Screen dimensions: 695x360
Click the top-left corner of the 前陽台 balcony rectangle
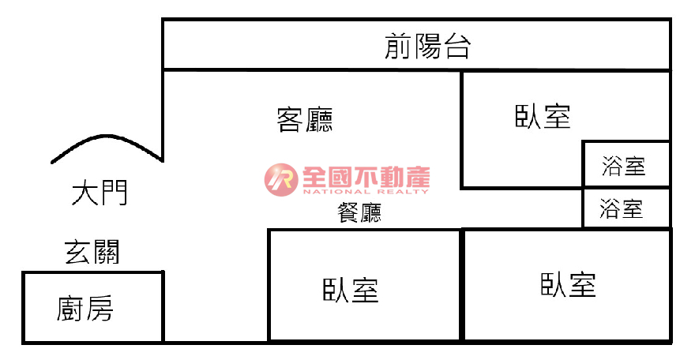163,20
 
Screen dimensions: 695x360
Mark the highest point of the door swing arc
106,136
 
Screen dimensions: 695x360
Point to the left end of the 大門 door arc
52,163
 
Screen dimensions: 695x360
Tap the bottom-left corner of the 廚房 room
24,342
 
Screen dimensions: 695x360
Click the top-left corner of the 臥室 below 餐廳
269,231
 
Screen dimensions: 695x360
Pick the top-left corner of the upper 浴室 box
584,142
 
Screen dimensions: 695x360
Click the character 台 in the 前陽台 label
457,47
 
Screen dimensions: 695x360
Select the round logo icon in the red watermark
281,180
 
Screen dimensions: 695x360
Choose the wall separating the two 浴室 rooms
626,187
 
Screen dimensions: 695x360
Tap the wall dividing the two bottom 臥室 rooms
462,285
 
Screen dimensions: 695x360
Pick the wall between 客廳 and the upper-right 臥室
462,129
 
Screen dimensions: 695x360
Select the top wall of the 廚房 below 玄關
93,272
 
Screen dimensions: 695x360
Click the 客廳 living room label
305,119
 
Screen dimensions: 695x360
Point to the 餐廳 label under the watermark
359,212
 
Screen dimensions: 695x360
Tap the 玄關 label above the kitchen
92,252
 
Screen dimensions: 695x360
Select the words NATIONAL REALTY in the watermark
366,192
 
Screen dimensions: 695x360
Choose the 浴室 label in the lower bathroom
622,208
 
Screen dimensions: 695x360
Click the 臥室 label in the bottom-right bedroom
568,285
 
